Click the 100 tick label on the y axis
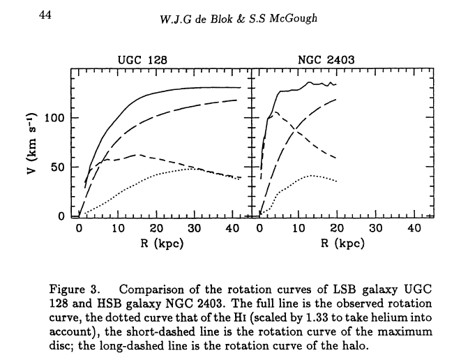[x=54, y=118]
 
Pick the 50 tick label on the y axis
[x=58, y=167]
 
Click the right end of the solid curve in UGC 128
[x=240, y=88]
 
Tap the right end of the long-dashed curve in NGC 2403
[x=336, y=99]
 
